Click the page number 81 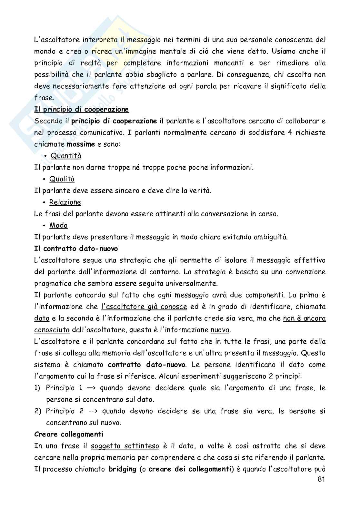coord(321,479)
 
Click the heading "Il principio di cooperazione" coord(82,110)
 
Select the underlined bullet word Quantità coord(66,156)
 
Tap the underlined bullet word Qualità coord(62,179)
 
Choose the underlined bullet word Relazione coord(65,202)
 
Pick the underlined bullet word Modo coord(58,226)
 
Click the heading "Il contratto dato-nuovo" coord(76,249)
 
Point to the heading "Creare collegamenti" coord(69,434)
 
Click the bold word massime coord(81,144)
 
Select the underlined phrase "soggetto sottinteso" coord(125,446)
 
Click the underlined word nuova coord(220,330)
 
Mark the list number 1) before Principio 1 coord(37,388)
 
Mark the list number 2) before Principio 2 coord(37,411)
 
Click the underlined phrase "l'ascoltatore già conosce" coord(144,307)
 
